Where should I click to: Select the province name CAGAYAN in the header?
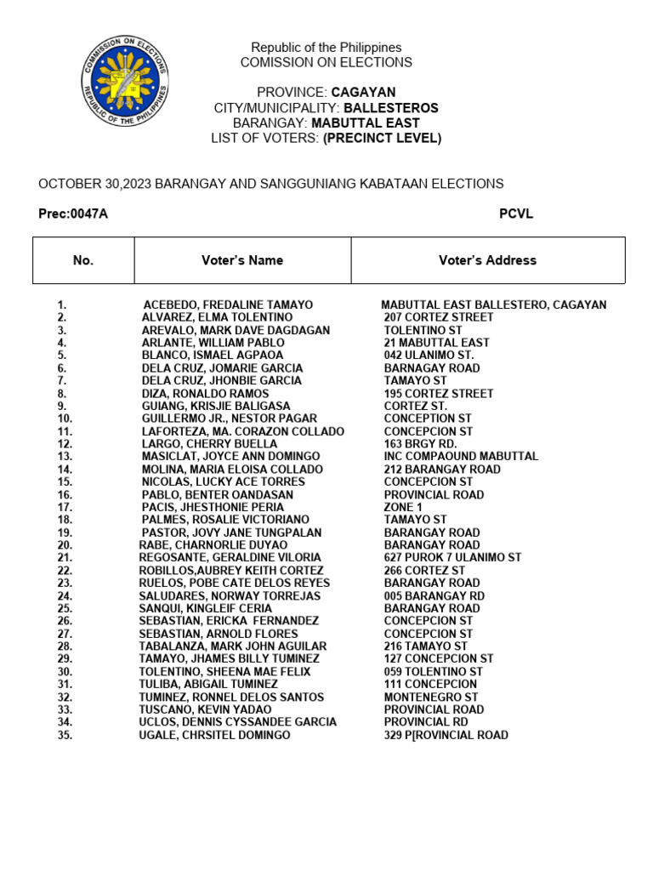[363, 92]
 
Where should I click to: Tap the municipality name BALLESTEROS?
[390, 108]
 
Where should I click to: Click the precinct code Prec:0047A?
[73, 213]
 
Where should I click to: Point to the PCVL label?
[515, 213]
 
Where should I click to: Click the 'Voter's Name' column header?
[242, 260]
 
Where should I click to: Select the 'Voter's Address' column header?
[487, 260]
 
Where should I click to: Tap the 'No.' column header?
[83, 260]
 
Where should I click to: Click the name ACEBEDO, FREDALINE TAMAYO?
[228, 305]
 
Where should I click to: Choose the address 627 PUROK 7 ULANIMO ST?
[452, 558]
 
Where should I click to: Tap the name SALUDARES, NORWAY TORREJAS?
[230, 596]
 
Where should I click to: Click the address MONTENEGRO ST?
[431, 697]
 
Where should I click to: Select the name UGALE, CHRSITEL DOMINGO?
[214, 735]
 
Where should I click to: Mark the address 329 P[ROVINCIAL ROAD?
[446, 735]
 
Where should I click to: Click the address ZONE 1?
[403, 507]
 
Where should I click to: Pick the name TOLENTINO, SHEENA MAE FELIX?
[224, 672]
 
